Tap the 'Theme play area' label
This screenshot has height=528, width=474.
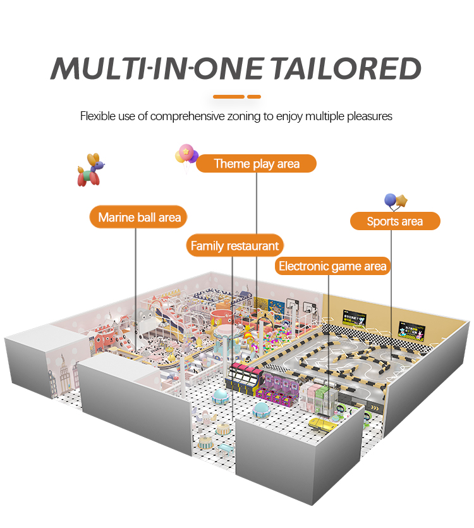click(x=256, y=164)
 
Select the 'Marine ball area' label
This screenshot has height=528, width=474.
click(x=139, y=218)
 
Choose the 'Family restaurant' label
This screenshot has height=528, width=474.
click(x=234, y=246)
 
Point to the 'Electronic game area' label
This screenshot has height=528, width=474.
click(x=332, y=266)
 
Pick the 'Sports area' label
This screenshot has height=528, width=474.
click(x=395, y=221)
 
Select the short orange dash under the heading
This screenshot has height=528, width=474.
click(x=254, y=97)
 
